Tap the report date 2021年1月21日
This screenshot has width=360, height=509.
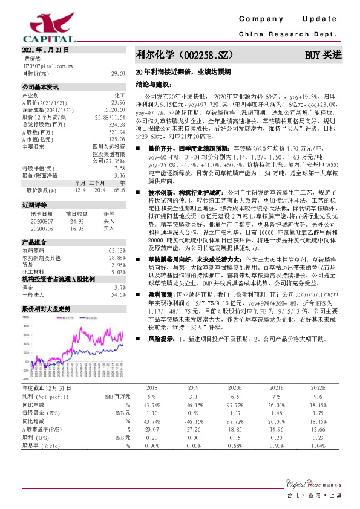[x=46, y=49]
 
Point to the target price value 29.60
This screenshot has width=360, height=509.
[x=118, y=73]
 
